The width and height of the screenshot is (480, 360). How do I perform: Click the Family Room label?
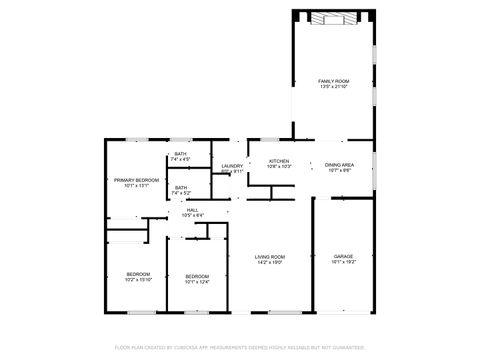(333, 80)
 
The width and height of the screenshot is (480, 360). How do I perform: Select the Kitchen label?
(278, 161)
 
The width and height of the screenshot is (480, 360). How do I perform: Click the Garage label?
(343, 256)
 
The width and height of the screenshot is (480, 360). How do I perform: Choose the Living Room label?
(270, 256)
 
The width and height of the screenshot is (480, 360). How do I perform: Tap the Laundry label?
(232, 166)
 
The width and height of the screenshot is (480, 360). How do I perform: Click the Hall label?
(192, 209)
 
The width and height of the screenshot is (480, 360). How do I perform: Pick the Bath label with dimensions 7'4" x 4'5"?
(180, 154)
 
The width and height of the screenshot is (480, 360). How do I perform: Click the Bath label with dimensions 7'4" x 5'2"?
(180, 187)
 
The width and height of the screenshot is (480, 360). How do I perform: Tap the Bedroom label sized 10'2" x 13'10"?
(138, 274)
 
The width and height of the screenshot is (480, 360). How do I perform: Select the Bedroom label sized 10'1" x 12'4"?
(197, 275)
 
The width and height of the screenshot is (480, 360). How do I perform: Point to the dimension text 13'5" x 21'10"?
(333, 87)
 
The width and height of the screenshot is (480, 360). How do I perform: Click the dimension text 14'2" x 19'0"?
(270, 263)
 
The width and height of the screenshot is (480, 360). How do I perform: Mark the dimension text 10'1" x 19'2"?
(343, 263)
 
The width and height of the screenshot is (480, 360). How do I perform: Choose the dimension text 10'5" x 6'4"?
(192, 215)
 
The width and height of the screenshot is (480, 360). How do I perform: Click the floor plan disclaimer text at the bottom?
(240, 347)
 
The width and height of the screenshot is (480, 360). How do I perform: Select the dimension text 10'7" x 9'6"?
(339, 170)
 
